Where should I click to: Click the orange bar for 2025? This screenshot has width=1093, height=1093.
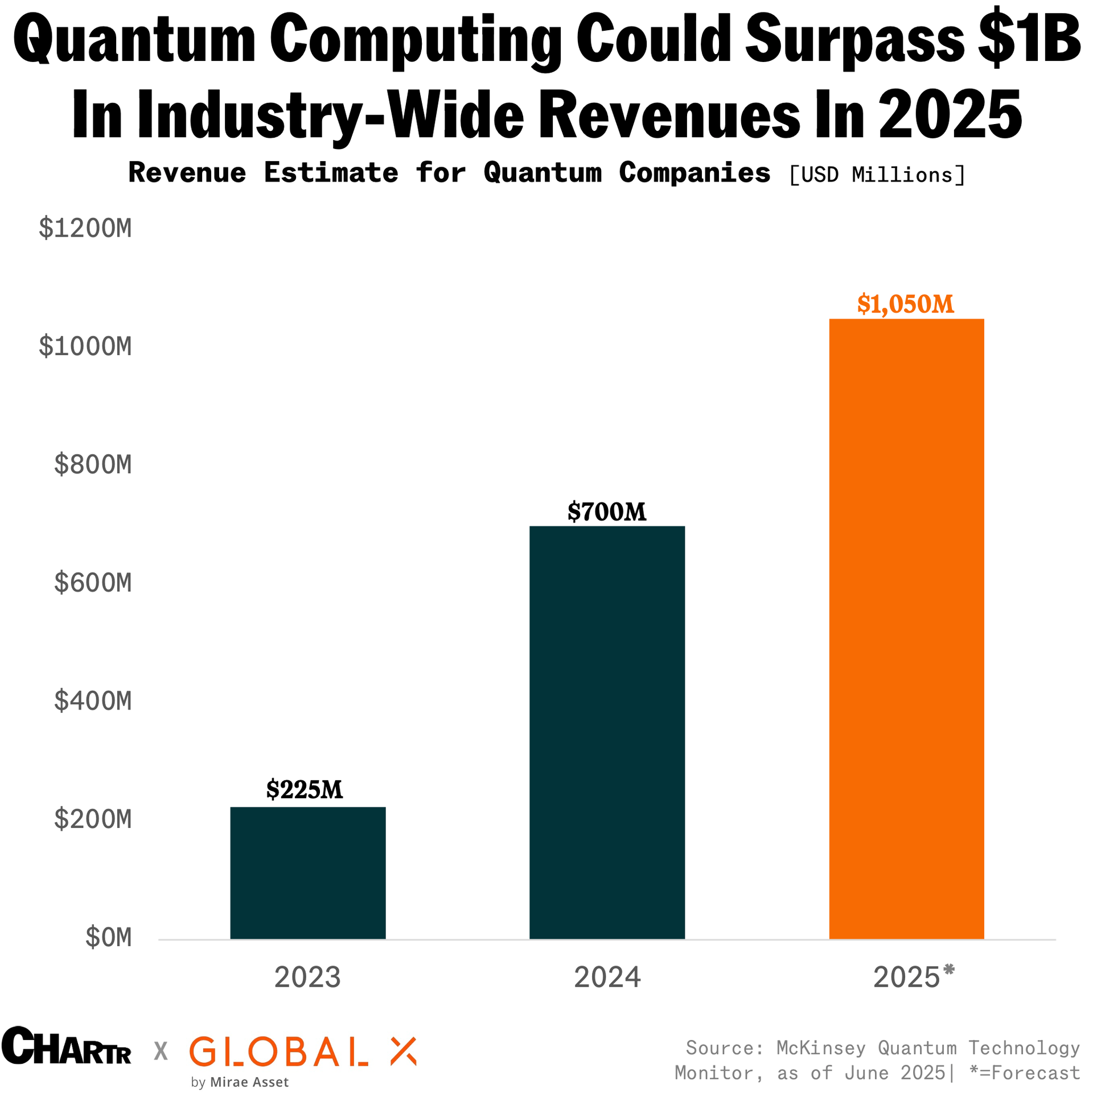[906, 629]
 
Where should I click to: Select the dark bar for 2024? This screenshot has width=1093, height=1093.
[607, 732]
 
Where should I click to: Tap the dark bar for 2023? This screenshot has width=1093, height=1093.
[307, 873]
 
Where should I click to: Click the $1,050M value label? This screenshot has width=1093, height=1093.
[906, 304]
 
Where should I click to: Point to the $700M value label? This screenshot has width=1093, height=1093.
[607, 512]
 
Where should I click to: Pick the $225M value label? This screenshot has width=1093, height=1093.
[305, 790]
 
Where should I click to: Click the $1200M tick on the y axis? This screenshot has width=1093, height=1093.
[85, 228]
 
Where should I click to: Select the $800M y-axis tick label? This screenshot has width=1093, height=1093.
[93, 464]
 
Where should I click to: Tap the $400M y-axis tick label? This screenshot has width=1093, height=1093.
[93, 701]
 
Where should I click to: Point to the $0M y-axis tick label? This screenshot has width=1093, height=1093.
[108, 938]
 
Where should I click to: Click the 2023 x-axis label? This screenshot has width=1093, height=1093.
[307, 977]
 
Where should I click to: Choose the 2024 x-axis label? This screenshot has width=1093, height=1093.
[607, 977]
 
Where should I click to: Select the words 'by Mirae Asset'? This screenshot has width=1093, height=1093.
[240, 1082]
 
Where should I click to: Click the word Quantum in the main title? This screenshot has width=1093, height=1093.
[134, 40]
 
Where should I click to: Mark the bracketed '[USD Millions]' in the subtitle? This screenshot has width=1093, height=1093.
[877, 175]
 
